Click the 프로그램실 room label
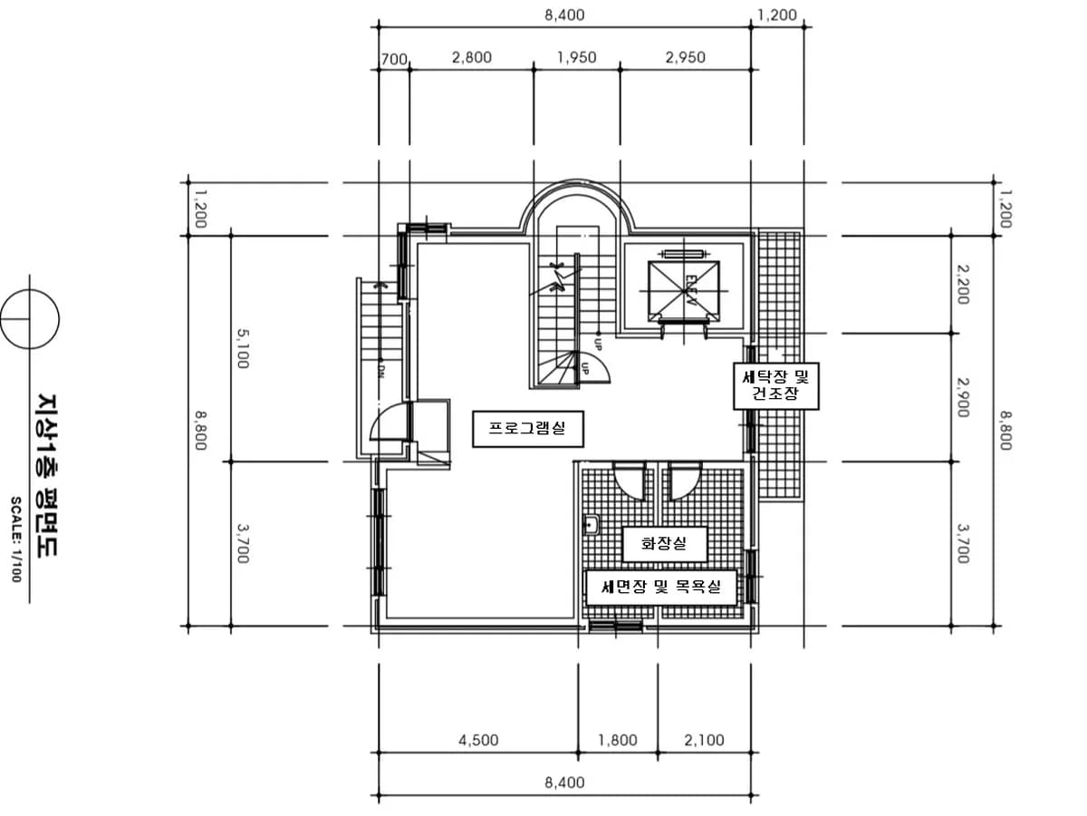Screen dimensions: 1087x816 [x=527, y=429]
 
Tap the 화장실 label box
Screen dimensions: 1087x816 [x=664, y=544]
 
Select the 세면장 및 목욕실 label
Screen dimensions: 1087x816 [x=661, y=588]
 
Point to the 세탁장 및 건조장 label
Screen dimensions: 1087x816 [x=775, y=386]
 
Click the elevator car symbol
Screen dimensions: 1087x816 [x=683, y=291]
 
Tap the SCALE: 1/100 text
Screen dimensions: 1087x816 [x=15, y=539]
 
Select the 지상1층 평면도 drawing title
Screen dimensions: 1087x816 [x=47, y=476]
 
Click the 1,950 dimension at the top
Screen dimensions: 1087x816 [x=576, y=57]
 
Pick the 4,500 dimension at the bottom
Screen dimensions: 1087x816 [x=478, y=740]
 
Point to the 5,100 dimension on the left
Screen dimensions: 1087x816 [x=242, y=348]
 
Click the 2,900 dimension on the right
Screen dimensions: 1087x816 [x=963, y=397]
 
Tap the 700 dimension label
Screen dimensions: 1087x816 [x=394, y=60]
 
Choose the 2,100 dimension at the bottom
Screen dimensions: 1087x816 [x=704, y=740]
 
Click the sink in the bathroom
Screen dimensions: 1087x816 [x=591, y=525]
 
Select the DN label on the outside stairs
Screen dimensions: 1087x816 [x=380, y=372]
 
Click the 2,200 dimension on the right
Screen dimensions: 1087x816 [x=963, y=285]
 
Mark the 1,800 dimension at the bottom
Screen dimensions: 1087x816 [x=618, y=740]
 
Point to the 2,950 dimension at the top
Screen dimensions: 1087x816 [x=686, y=57]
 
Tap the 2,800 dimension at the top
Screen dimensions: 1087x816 [x=472, y=57]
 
